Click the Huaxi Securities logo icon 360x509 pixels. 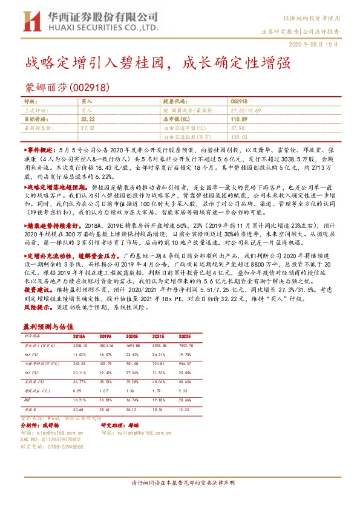click(x=27, y=22)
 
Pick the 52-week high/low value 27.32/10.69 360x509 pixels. click(x=246, y=111)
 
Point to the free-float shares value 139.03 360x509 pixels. click(x=238, y=137)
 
